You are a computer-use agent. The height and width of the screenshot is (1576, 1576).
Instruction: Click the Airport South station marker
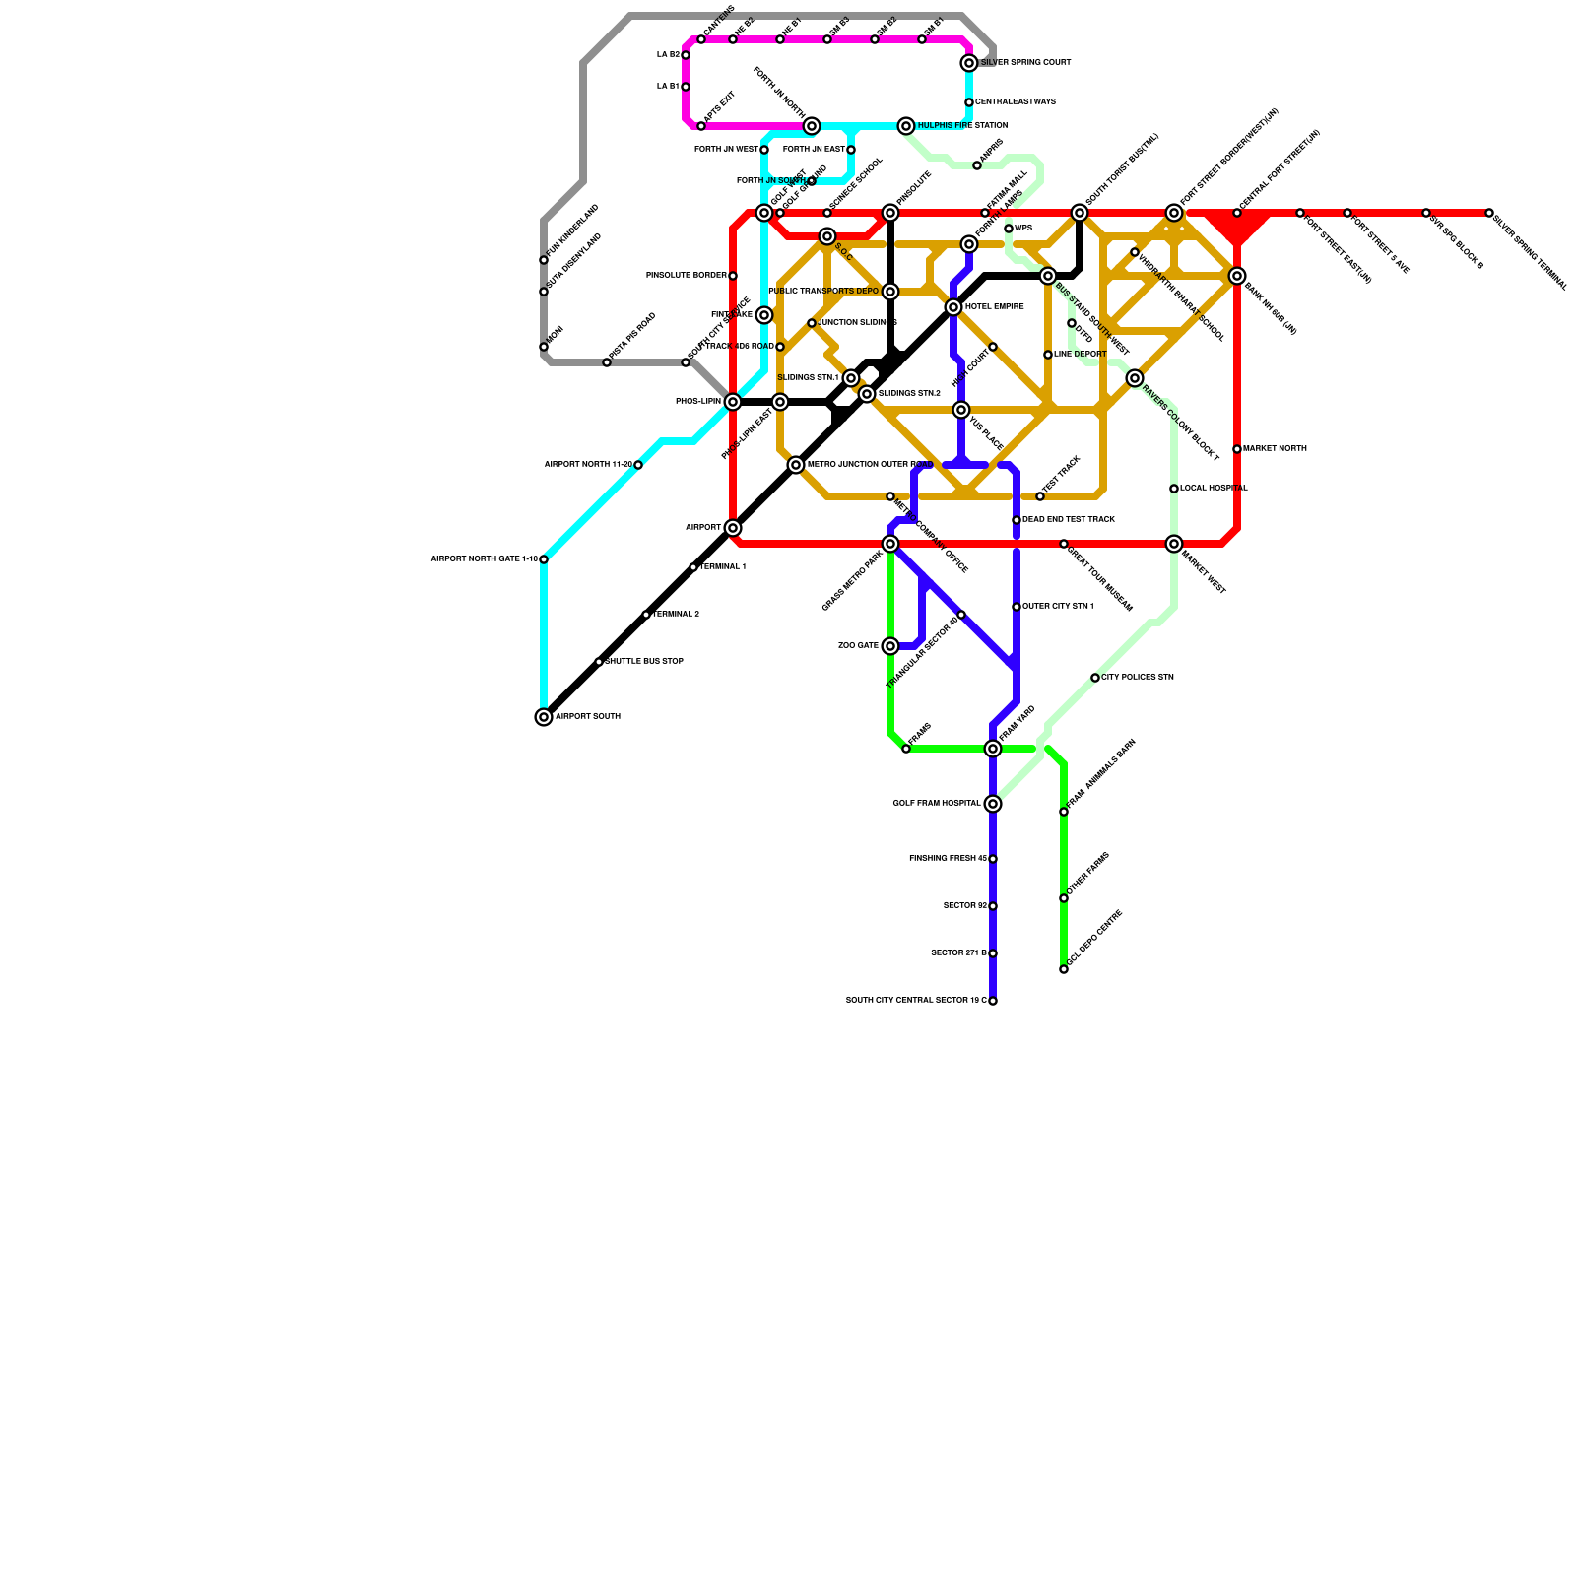pos(544,717)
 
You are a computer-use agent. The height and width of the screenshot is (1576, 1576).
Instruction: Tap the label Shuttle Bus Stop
pos(645,662)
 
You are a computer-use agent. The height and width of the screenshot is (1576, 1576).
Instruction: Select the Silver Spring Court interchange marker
pos(969,63)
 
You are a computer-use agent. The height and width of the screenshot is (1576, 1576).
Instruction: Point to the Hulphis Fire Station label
pos(962,126)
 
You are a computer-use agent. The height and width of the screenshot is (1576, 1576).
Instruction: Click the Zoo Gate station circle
pos(890,646)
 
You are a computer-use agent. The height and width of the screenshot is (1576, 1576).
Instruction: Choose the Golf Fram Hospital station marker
pos(993,804)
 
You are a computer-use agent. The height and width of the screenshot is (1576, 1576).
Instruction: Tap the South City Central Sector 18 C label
pos(916,1001)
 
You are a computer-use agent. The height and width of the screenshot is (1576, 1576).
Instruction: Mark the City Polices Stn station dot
pos(1095,678)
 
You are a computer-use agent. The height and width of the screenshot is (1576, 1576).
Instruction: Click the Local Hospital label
pos(1214,489)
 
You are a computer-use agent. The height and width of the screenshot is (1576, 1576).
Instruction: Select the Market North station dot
pos(1237,449)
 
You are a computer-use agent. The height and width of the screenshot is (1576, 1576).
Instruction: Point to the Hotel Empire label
pos(995,307)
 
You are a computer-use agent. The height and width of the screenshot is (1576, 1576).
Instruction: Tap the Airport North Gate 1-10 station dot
pos(544,559)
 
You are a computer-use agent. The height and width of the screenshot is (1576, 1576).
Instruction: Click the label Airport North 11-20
pos(588,465)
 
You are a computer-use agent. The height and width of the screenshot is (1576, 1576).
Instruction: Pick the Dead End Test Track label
pos(1069,520)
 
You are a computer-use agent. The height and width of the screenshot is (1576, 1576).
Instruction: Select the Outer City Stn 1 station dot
pos(1017,607)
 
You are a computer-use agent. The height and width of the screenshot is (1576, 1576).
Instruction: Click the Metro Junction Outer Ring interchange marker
pos(796,465)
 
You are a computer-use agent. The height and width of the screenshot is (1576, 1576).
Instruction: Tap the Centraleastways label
pos(1016,102)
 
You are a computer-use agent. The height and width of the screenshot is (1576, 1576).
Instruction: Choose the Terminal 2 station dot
pos(646,615)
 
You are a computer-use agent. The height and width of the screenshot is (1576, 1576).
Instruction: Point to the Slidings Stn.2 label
pos(909,394)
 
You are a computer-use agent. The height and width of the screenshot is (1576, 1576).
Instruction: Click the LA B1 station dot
pos(686,87)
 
